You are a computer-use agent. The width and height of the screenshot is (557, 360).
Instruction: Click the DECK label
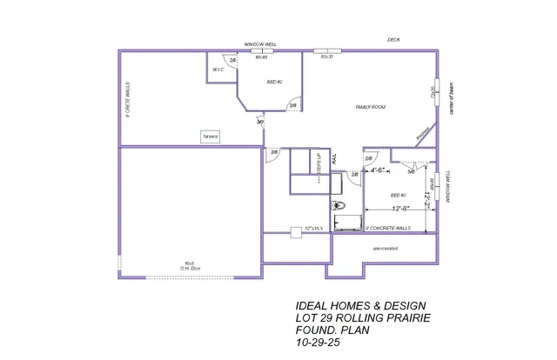(393, 40)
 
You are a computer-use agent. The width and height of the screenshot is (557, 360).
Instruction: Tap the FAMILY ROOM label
(370, 107)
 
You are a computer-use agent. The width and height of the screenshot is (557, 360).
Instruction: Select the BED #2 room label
(274, 82)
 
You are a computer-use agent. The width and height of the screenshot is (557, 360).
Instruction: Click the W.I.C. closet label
(218, 70)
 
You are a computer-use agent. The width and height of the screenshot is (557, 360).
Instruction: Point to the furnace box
(211, 137)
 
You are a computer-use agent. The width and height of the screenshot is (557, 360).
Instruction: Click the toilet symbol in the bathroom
(339, 206)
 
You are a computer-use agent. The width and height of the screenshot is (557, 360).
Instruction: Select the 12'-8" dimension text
(401, 209)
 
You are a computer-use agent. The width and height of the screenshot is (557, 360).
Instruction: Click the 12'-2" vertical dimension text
(427, 199)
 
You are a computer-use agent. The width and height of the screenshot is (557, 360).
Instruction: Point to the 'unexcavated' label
(386, 248)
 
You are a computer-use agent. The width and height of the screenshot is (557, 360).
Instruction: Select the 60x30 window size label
(327, 57)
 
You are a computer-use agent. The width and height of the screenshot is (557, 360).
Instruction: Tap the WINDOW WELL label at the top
(259, 43)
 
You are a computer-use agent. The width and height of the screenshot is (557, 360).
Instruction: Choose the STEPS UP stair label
(319, 165)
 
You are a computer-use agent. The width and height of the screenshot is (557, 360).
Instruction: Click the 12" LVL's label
(312, 228)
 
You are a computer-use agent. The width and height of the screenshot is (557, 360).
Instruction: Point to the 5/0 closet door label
(411, 171)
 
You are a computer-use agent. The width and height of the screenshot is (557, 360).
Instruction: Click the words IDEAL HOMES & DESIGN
(360, 306)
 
